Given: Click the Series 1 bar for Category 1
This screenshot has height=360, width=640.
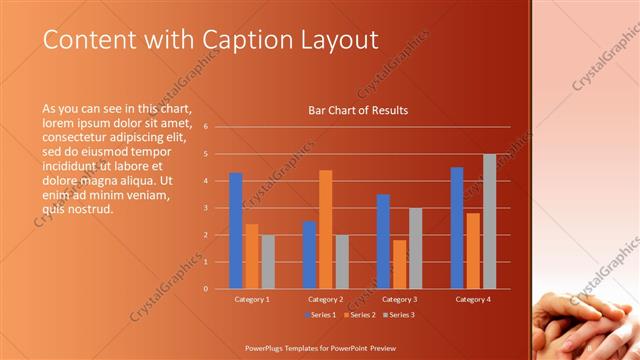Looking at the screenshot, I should pos(236,231).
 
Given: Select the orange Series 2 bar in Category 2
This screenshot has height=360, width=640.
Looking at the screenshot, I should pos(325,229).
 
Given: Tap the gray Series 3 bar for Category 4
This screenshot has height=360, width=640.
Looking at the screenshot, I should pos(489,221).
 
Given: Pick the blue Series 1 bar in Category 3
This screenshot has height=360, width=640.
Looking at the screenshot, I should pos(383,241).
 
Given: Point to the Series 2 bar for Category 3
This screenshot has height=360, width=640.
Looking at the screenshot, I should pos(399,264).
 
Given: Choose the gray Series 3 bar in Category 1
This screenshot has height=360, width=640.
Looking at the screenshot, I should pos(268,262).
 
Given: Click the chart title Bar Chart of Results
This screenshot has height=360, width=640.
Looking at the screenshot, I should pos(358,110).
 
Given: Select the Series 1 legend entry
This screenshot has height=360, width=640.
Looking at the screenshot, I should pos(321,315).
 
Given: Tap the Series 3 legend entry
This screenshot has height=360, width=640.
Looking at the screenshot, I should pos(399,315).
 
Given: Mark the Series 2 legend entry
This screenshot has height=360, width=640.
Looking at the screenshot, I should pos(360,315).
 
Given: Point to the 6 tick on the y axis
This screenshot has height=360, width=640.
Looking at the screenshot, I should pos(204,127).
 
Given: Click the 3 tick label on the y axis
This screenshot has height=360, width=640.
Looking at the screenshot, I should pos(204,208).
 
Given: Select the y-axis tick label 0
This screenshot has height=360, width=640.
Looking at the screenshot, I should pos(204,289).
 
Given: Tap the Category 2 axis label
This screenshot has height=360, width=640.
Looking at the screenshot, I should pos(325,299).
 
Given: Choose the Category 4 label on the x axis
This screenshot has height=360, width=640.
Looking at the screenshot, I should pos(473,299).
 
